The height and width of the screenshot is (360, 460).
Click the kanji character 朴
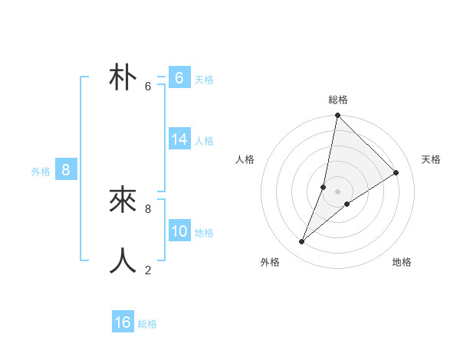pyautogui.click(x=123, y=78)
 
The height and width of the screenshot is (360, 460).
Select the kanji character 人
pyautogui.click(x=123, y=261)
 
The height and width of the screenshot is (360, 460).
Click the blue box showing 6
pyautogui.click(x=179, y=78)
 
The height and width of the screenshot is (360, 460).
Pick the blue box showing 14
pyautogui.click(x=179, y=139)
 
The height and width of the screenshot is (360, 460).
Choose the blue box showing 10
pyautogui.click(x=179, y=231)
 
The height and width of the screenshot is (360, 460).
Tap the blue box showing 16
pyautogui.click(x=123, y=322)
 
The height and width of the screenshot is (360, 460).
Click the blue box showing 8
pyautogui.click(x=66, y=170)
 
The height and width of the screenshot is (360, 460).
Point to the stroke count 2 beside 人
pyautogui.click(x=148, y=270)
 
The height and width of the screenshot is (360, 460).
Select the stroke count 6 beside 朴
pyautogui.click(x=148, y=87)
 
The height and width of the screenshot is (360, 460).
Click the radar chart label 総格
pyautogui.click(x=338, y=100)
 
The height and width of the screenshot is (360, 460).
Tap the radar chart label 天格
pyautogui.click(x=431, y=159)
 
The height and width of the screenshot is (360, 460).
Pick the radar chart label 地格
pyautogui.click(x=402, y=262)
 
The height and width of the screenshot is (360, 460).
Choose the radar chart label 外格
pyautogui.click(x=270, y=262)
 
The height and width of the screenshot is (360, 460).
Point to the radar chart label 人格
pyautogui.click(x=245, y=159)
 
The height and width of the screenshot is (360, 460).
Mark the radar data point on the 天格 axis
pyautogui.click(x=396, y=172)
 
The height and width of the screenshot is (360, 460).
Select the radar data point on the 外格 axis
pyautogui.click(x=302, y=242)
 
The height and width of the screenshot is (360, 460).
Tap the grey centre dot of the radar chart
pyautogui.click(x=338, y=191)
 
